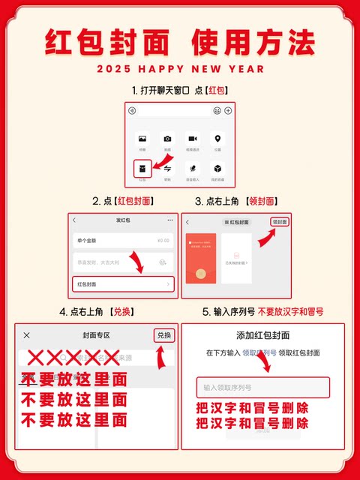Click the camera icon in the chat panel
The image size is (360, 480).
click(167, 139)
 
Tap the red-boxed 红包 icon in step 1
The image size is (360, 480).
click(142, 169)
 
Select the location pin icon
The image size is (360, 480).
click(217, 139)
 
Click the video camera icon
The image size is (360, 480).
click(193, 139)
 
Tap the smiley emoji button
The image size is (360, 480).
click(217, 111)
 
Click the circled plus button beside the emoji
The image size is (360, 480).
click(228, 111)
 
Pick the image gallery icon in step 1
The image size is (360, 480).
click(142, 139)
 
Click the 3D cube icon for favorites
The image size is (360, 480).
click(217, 169)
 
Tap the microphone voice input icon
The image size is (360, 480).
click(193, 169)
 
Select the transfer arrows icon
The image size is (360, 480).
click(167, 169)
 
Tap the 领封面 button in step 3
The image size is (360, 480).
click(280, 222)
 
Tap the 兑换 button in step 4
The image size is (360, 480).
click(164, 335)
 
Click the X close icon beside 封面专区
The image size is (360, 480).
click(27, 335)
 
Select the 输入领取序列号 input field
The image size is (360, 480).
click(262, 388)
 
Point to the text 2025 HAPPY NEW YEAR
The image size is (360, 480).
click(180, 69)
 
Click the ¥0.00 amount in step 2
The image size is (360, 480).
click(163, 241)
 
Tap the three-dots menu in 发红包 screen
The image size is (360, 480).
click(170, 220)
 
